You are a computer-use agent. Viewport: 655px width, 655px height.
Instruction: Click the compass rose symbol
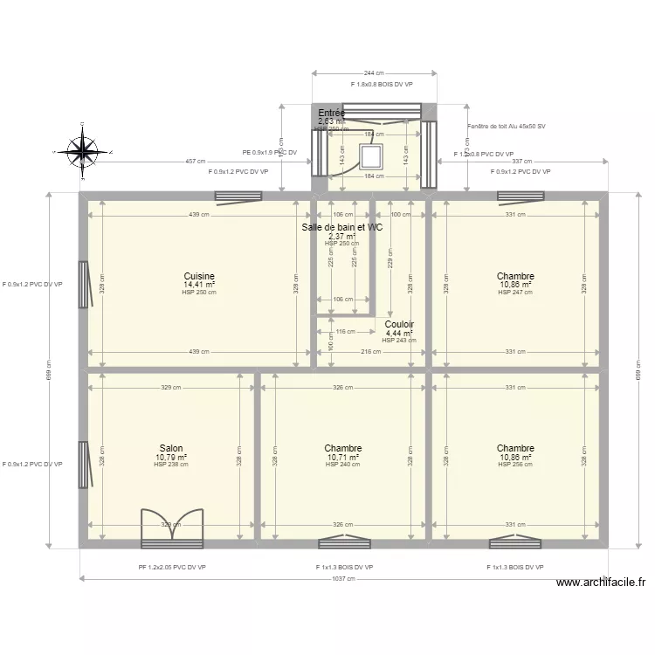tap(84, 151)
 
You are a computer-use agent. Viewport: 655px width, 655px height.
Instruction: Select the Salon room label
tap(171, 448)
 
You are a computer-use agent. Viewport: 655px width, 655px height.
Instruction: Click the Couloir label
tap(398, 324)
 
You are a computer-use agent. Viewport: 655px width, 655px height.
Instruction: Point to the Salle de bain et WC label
tap(341, 227)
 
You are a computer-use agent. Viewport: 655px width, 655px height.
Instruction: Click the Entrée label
tap(331, 114)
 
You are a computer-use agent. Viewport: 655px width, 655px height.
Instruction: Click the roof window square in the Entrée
tap(373, 155)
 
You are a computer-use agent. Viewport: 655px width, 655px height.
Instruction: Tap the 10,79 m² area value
tap(171, 457)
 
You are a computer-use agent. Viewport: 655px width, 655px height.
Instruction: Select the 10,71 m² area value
tap(343, 457)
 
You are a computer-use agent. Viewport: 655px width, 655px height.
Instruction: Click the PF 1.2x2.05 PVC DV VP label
tap(172, 567)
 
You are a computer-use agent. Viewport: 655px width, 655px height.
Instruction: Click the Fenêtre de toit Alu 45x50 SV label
tap(507, 127)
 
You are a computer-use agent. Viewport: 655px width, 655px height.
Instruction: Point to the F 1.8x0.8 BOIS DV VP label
tap(381, 85)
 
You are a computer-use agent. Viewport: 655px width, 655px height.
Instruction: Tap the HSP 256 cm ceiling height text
tap(515, 465)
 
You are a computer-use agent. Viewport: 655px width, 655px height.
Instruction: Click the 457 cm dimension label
tap(196, 162)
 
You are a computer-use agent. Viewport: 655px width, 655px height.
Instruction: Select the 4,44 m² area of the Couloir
tap(399, 333)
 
